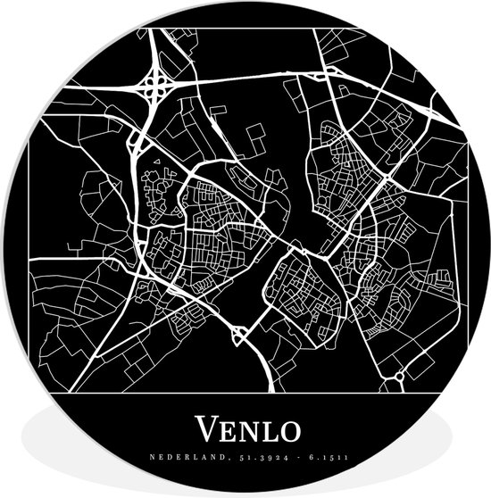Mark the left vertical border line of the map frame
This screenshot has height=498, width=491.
[29, 268]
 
